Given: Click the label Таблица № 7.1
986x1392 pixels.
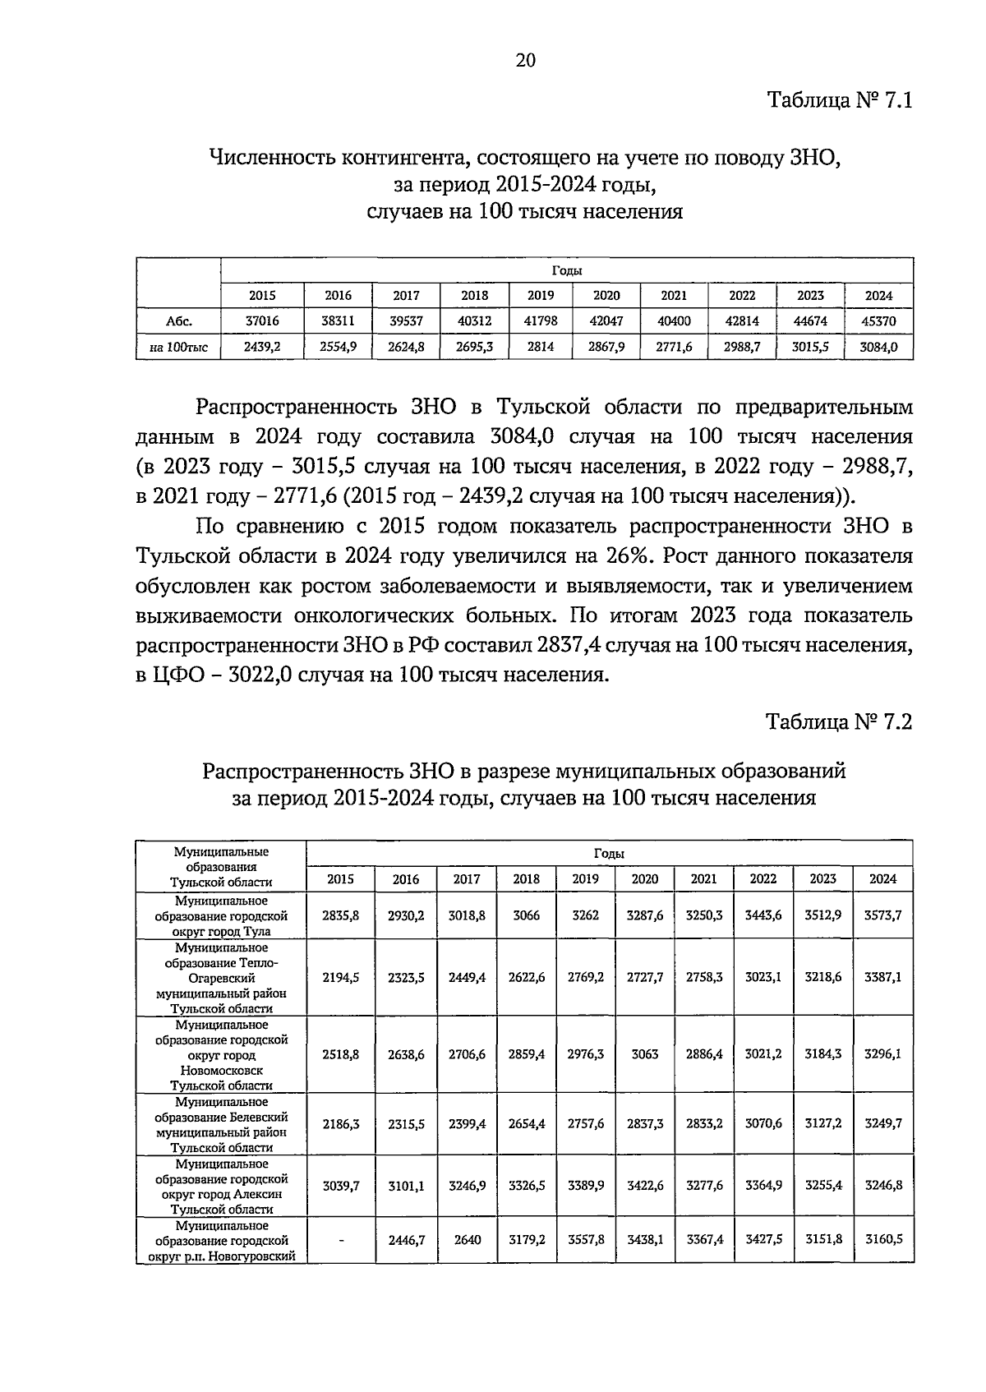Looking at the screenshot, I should [839, 101].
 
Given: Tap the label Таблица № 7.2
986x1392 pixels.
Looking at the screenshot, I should [839, 721].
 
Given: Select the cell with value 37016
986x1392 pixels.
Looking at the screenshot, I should [262, 321].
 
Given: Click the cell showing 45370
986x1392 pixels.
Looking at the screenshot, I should [878, 321].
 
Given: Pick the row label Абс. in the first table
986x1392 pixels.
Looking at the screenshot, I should [178, 321].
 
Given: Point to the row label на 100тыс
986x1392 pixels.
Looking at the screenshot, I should [178, 348].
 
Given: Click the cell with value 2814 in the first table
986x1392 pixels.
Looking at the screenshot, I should [540, 348].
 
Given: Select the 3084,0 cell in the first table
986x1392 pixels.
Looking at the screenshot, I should [878, 348].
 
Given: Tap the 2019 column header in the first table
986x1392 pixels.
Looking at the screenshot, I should [540, 295].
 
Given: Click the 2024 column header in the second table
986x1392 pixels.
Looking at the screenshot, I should [882, 878].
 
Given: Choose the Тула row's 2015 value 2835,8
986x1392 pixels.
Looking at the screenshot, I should [341, 915].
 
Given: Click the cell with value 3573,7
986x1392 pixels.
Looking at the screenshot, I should [882, 915].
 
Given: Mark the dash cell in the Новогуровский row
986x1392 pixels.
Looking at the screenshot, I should [341, 1239].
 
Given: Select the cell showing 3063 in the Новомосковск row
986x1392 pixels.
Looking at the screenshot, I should [645, 1054].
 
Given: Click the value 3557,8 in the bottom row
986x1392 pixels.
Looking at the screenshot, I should [586, 1239].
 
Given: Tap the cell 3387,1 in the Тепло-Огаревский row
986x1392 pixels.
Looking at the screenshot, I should [882, 977].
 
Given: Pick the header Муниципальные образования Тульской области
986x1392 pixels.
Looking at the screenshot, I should [221, 866].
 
